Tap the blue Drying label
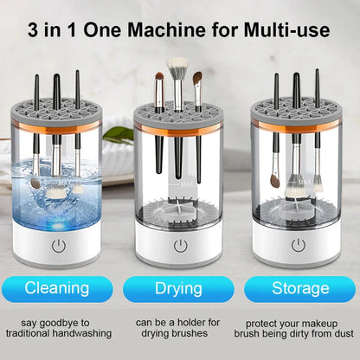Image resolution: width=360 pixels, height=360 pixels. coord(179,288)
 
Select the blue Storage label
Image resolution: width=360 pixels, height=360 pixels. coord(299,288)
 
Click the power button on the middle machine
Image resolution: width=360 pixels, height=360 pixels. coord(179,245)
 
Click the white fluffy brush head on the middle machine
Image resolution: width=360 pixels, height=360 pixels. coord(177,67)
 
